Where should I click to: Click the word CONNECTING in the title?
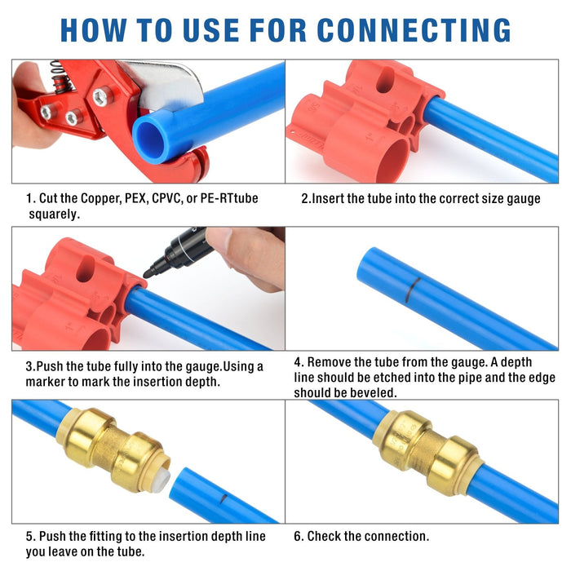414,30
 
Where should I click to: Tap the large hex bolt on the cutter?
102,96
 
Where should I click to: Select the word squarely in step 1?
55,215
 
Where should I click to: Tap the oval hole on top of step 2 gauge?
384,79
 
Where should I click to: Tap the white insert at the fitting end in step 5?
161,480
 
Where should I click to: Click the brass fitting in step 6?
427,452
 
